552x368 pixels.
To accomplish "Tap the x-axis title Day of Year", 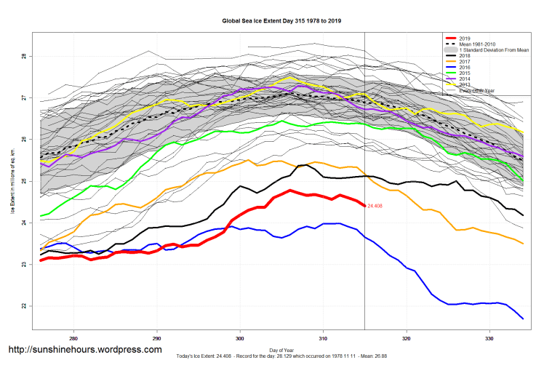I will click(281, 351).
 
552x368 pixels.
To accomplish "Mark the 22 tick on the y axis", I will click(24, 305).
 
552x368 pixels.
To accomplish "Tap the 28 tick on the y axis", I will click(24, 56).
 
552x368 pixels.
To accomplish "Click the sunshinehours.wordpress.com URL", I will click(84, 350).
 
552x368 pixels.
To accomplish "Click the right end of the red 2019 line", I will click(364, 206).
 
